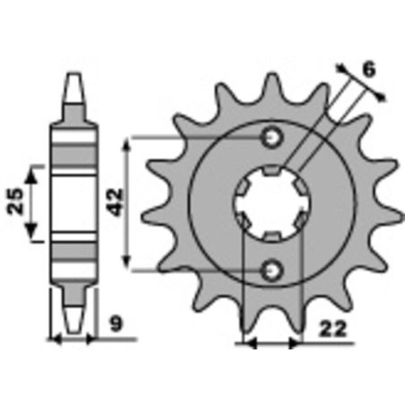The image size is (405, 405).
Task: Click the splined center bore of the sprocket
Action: [272, 203]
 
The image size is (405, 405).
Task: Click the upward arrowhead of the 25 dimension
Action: [33, 170]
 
